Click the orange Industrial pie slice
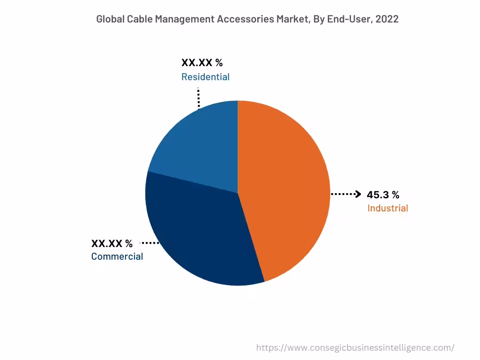(x=286, y=187)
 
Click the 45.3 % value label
(x=382, y=195)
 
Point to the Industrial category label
(x=388, y=208)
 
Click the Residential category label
(x=205, y=77)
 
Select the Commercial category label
(x=117, y=256)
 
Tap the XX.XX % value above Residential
(x=202, y=63)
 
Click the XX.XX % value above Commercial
(x=112, y=243)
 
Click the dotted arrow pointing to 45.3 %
(x=346, y=194)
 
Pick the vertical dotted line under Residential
(x=199, y=97)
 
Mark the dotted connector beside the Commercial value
(x=150, y=243)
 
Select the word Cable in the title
(x=140, y=19)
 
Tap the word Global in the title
(x=111, y=19)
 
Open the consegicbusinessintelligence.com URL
(x=355, y=348)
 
